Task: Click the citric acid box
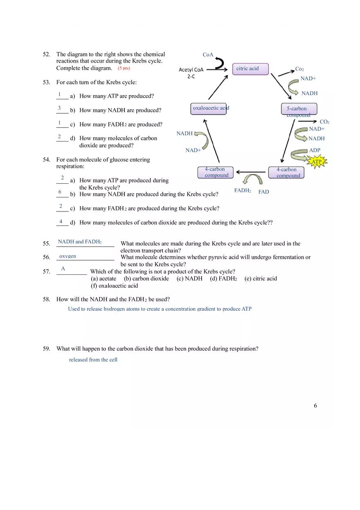pyautogui.click(x=250, y=69)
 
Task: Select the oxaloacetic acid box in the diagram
pyautogui.click(x=209, y=108)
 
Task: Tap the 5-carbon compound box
pyautogui.click(x=299, y=109)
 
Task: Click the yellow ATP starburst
pyautogui.click(x=317, y=162)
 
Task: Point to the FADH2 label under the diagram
pyautogui.click(x=243, y=191)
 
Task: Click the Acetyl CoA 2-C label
pyautogui.click(x=191, y=73)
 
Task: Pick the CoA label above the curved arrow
pyautogui.click(x=208, y=55)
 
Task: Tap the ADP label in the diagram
pyautogui.click(x=315, y=151)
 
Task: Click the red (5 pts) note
pyautogui.click(x=124, y=68)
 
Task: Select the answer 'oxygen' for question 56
pyautogui.click(x=67, y=256)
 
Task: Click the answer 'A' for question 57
pyautogui.click(x=63, y=269)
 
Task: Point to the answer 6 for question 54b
pyautogui.click(x=60, y=192)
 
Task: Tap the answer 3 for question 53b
pyautogui.click(x=59, y=108)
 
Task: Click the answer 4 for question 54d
pyautogui.click(x=61, y=222)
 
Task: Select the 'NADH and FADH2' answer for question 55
pyautogui.click(x=80, y=242)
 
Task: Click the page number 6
pyautogui.click(x=315, y=406)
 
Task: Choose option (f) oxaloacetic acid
pyautogui.click(x=115, y=286)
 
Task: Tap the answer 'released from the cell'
pyautogui.click(x=93, y=360)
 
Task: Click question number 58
pyautogui.click(x=46, y=299)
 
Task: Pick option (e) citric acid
pyautogui.click(x=261, y=279)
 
